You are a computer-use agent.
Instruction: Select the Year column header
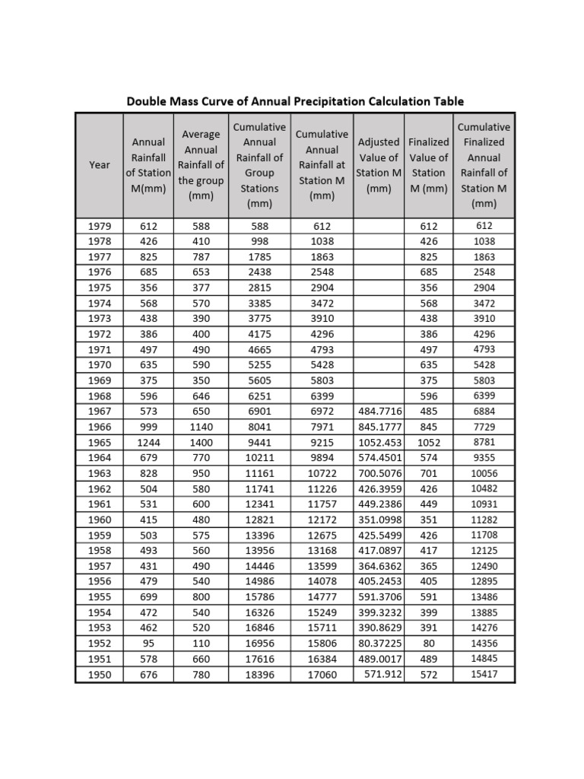pyautogui.click(x=100, y=165)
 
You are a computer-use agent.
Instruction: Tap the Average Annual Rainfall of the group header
pyautogui.click(x=201, y=165)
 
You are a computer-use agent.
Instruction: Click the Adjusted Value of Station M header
pyautogui.click(x=379, y=165)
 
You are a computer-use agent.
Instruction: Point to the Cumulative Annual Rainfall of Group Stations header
pyautogui.click(x=260, y=165)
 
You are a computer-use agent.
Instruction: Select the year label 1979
pyautogui.click(x=100, y=226)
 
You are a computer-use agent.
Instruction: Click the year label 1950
pyautogui.click(x=100, y=674)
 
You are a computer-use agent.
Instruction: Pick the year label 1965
pyautogui.click(x=100, y=442)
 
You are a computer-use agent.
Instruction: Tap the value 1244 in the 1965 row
pyautogui.click(x=149, y=442)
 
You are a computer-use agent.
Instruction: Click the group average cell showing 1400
pyautogui.click(x=201, y=442)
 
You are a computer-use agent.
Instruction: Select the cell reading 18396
pyautogui.click(x=260, y=674)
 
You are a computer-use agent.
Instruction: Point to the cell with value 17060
pyautogui.click(x=322, y=674)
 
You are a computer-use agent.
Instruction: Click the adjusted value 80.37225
pyautogui.click(x=379, y=643)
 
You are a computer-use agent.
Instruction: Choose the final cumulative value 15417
pyautogui.click(x=484, y=674)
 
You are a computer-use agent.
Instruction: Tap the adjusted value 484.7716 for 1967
pyautogui.click(x=379, y=412)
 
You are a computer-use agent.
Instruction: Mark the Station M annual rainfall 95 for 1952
pyautogui.click(x=149, y=643)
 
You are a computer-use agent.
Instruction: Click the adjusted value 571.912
pyautogui.click(x=383, y=674)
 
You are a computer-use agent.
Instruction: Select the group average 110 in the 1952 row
pyautogui.click(x=201, y=643)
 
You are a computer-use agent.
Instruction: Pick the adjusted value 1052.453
pyautogui.click(x=379, y=442)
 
